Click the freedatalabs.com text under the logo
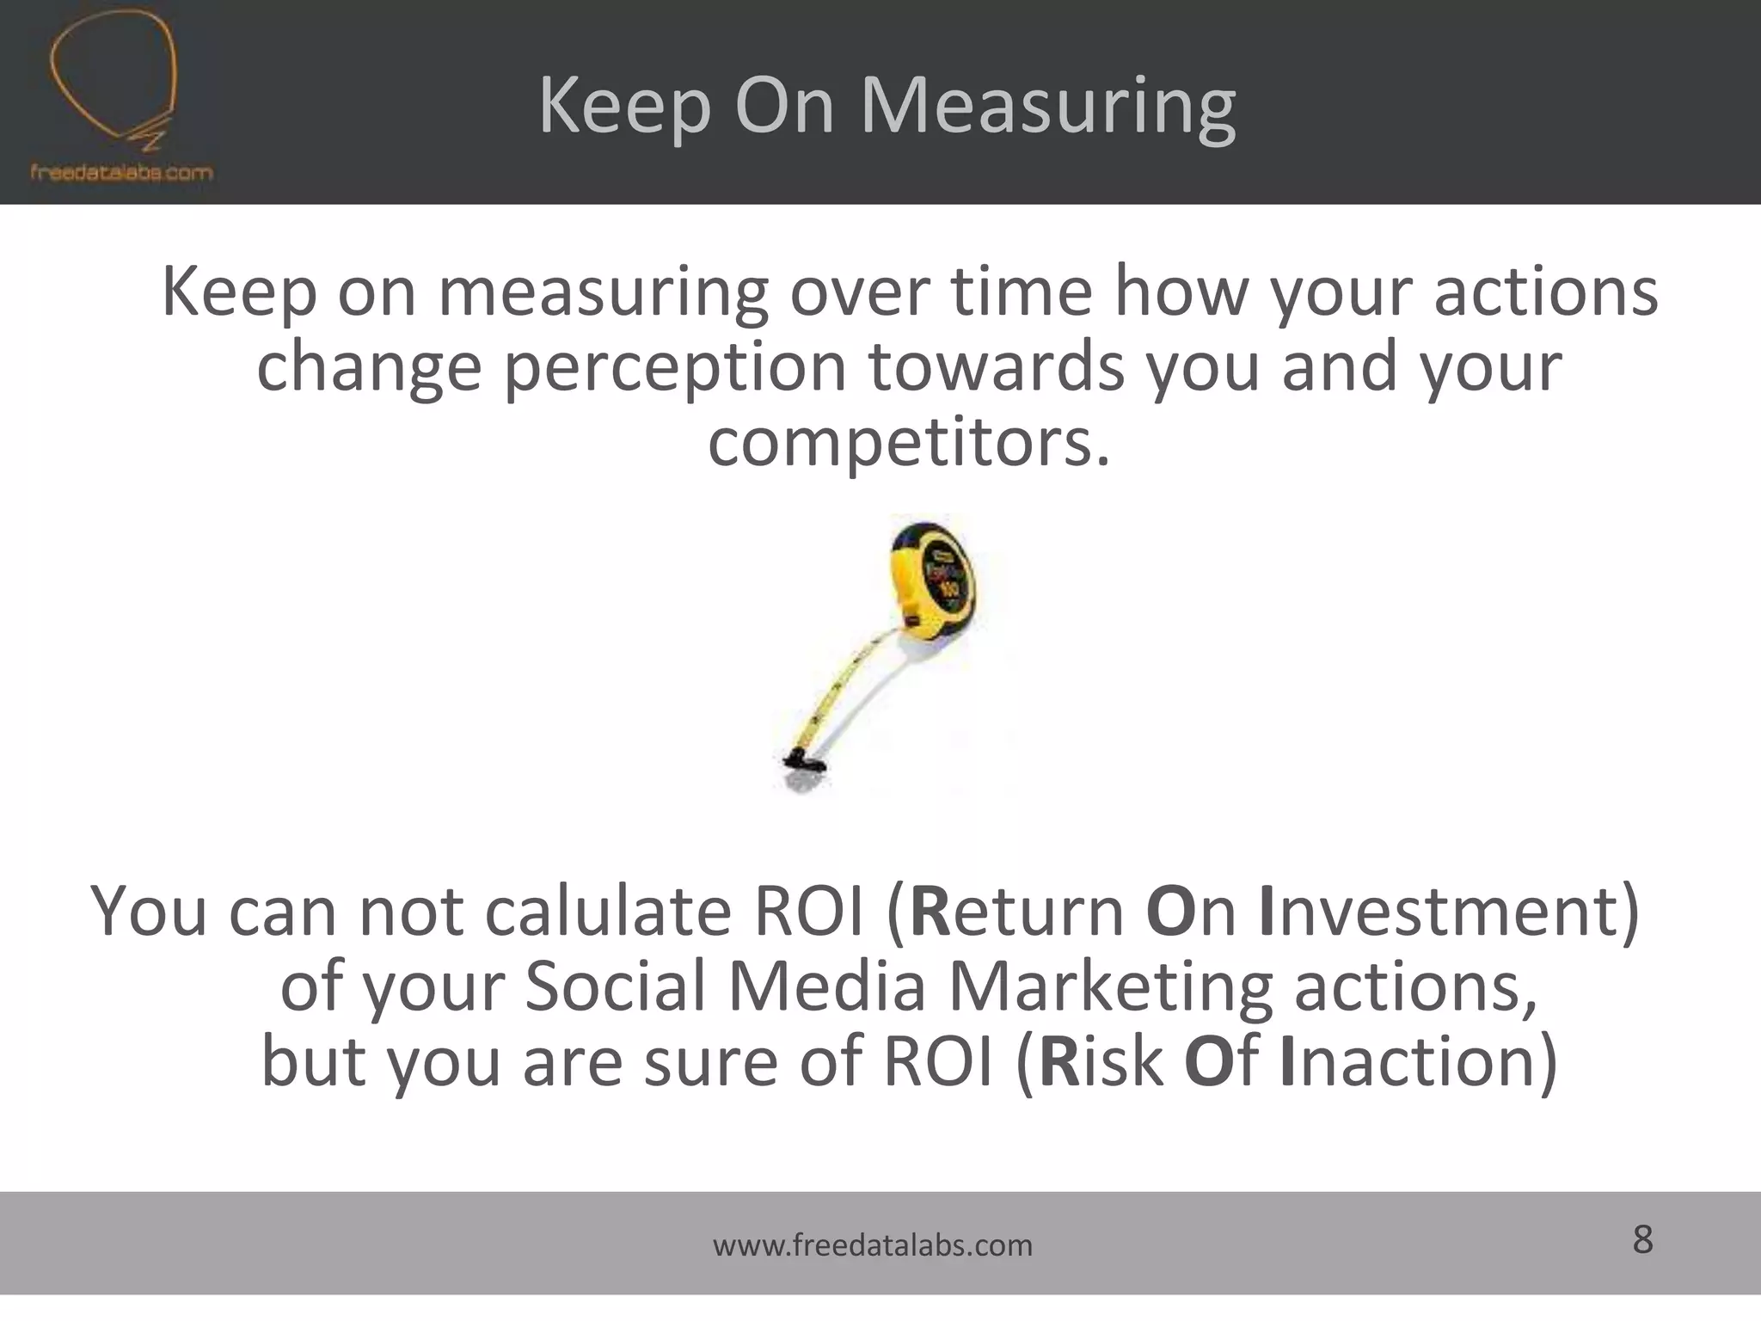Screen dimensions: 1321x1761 click(121, 172)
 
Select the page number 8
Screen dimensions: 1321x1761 click(1642, 1240)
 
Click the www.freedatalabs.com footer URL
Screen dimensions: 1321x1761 click(873, 1245)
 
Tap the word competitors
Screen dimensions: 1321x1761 click(908, 443)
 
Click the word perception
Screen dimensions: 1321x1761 click(674, 368)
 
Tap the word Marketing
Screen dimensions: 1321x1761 click(1109, 987)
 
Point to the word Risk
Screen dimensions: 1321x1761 click(1101, 1062)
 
